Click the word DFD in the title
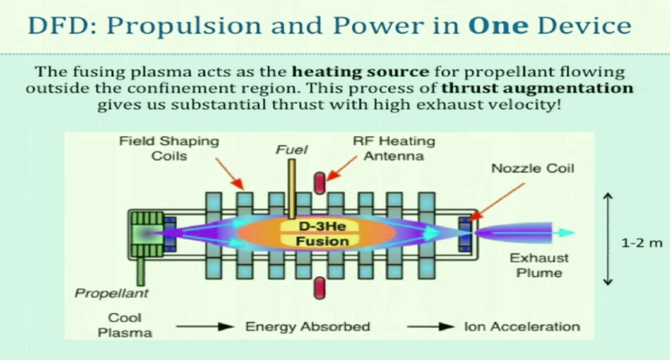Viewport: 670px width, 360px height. click(x=60, y=25)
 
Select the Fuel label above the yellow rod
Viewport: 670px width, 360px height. click(x=291, y=150)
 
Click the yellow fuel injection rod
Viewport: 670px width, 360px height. click(x=292, y=189)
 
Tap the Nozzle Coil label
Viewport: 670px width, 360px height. click(x=532, y=168)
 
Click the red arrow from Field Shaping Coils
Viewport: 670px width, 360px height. click(x=229, y=173)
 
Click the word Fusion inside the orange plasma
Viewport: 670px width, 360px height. click(x=322, y=241)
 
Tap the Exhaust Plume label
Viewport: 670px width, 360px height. click(x=539, y=265)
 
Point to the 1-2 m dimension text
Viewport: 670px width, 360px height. click(x=641, y=243)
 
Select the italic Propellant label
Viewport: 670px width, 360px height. click(x=111, y=293)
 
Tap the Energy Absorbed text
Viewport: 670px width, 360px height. click(x=307, y=327)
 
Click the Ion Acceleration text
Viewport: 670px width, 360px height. click(x=522, y=327)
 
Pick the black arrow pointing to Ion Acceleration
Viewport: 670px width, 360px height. click(x=430, y=327)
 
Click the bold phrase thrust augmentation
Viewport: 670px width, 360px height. click(x=537, y=88)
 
